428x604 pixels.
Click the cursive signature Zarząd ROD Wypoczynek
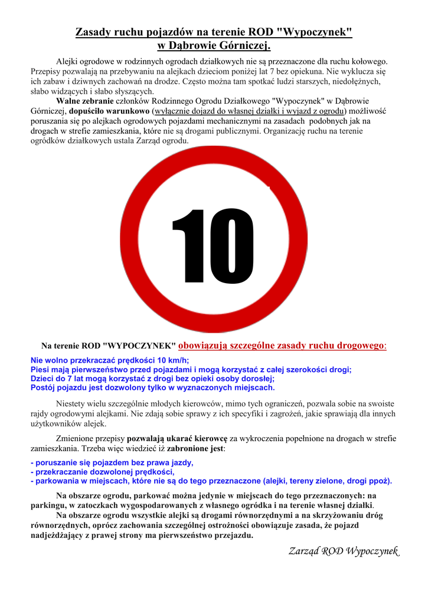pyautogui.click(x=344, y=551)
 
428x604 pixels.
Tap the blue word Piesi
pyautogui.click(x=41, y=369)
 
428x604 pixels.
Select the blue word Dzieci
pyautogui.click(x=43, y=379)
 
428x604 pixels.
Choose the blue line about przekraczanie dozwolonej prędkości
pyautogui.click(x=103, y=472)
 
